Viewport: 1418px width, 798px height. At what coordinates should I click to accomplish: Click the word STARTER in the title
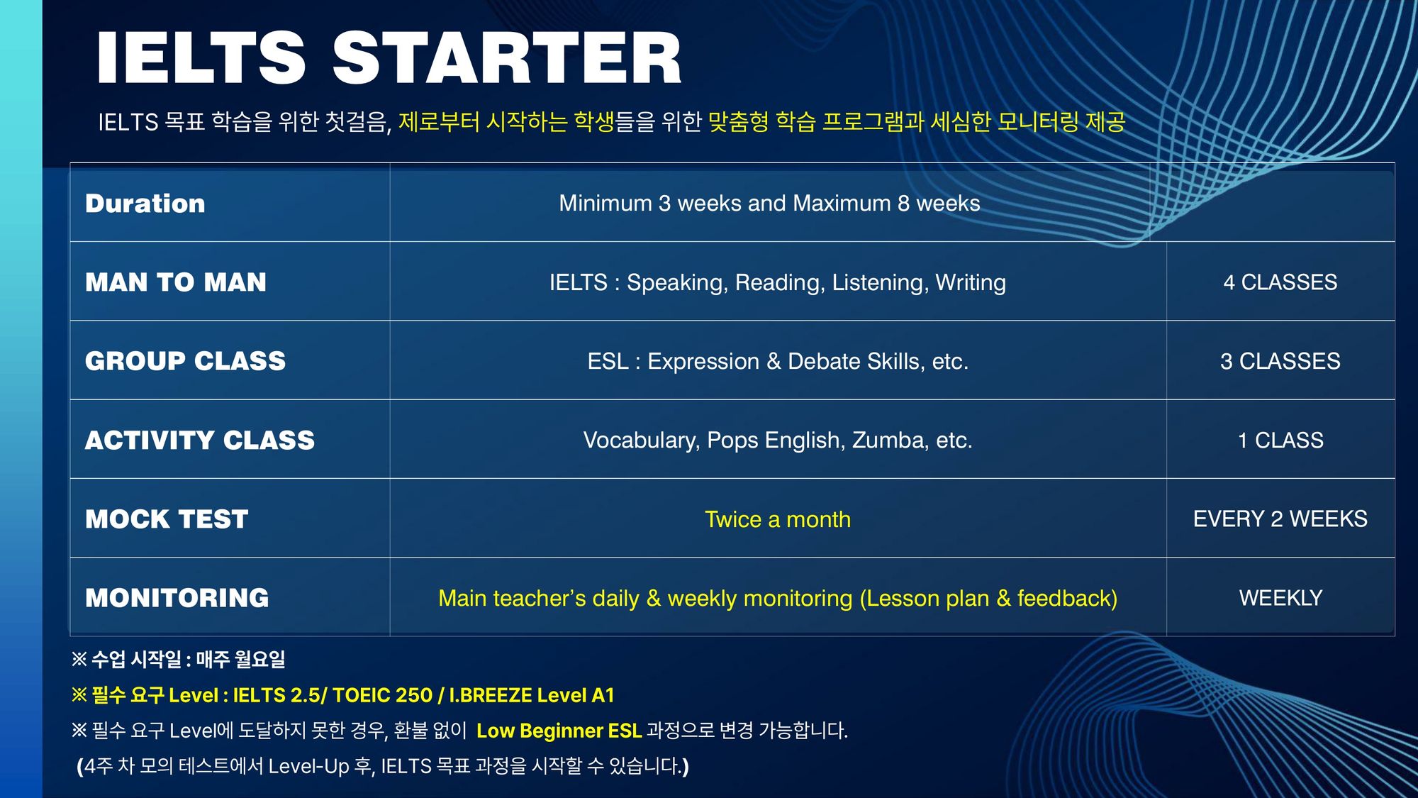pos(507,58)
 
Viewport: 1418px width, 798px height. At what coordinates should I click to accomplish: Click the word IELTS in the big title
pos(201,58)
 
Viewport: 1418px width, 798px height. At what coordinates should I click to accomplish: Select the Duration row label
pos(145,204)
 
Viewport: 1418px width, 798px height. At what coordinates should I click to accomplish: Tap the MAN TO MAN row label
pos(176,282)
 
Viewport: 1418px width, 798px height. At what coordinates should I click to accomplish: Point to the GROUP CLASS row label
pos(185,361)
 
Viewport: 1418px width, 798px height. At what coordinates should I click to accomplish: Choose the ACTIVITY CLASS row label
pos(200,440)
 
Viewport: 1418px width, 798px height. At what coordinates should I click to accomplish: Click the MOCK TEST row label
pos(167,519)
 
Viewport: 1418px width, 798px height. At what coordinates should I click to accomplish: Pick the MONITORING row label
pos(177,598)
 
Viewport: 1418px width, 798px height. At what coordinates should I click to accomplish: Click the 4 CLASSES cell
pos(1280,282)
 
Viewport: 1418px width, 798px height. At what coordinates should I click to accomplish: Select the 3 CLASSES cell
pos(1280,361)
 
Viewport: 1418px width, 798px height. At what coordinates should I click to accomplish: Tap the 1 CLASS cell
pos(1280,440)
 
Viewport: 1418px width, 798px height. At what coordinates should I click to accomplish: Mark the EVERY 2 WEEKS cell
pos(1280,519)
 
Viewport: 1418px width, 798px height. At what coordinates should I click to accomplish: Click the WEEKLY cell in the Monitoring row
pos(1280,598)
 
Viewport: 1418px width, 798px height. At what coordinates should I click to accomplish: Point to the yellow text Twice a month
pos(778,519)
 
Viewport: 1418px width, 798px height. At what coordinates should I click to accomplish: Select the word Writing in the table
pos(971,283)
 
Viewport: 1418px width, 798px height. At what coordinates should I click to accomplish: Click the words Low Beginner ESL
pos(559,731)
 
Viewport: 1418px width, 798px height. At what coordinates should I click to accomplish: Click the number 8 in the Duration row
pos(903,204)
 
